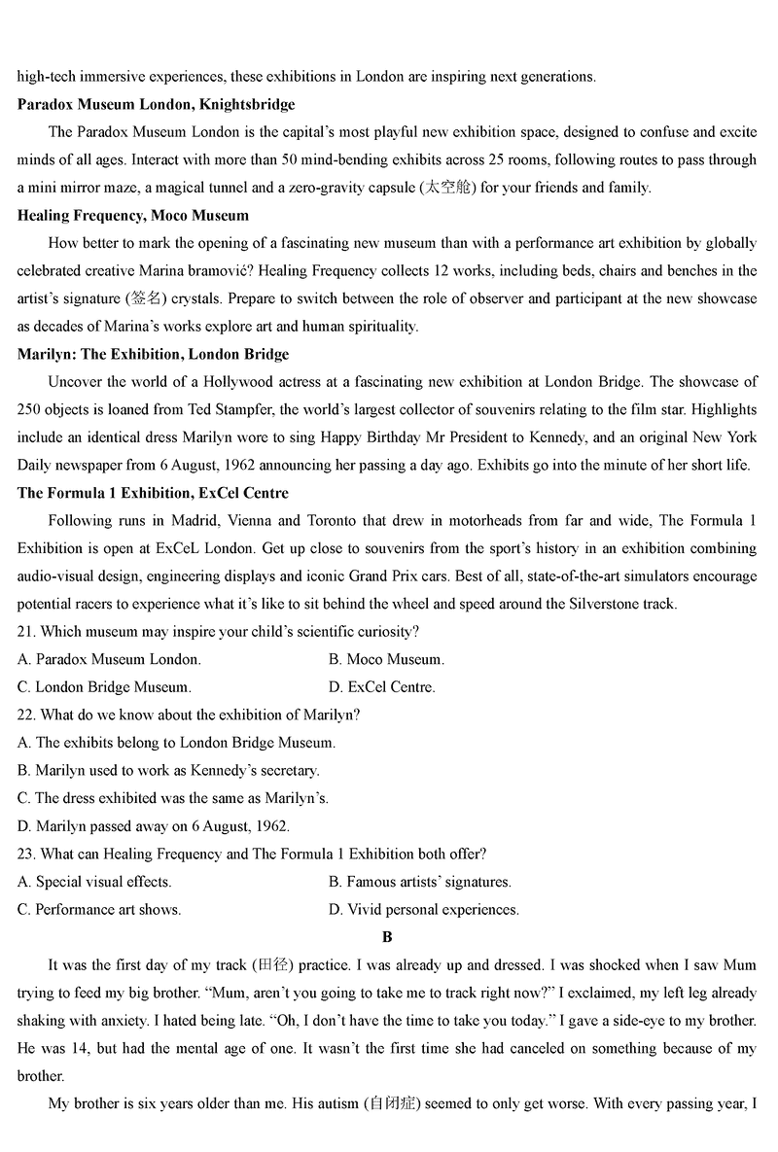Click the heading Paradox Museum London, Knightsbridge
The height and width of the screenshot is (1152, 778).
[x=157, y=104]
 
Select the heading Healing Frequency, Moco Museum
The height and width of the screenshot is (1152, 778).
[x=133, y=215]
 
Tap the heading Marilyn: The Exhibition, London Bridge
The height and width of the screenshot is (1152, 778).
[x=154, y=354]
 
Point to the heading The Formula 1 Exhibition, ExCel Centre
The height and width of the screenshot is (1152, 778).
[x=153, y=493]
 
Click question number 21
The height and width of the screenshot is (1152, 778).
[x=27, y=632]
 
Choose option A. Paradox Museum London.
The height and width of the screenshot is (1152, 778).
[x=110, y=659]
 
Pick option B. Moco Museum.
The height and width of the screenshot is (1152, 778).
[x=386, y=659]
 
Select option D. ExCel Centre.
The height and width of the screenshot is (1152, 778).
[x=382, y=687]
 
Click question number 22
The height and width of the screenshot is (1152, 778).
[x=27, y=715]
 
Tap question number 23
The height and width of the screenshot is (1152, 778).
[x=27, y=854]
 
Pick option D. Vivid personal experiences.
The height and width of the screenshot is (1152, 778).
[x=424, y=910]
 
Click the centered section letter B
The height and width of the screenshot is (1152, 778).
[x=387, y=937]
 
